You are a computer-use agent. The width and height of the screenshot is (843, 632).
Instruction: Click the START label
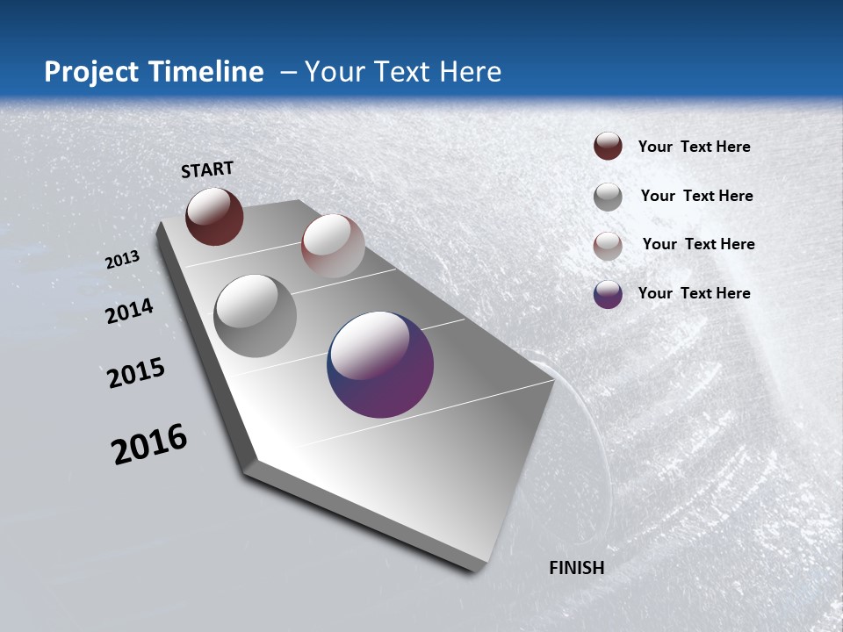[207, 169]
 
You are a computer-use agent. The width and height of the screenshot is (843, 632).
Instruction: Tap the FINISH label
[576, 568]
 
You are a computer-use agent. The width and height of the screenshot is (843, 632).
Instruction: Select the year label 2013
[123, 260]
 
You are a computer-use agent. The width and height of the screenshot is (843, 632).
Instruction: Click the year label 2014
[130, 311]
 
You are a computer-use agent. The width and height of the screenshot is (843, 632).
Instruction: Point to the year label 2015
[136, 373]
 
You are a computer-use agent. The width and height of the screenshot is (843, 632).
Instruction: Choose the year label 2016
[149, 444]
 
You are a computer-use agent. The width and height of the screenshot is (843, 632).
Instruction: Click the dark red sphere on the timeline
[214, 217]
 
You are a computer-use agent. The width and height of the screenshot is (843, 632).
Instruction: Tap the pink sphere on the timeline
[333, 246]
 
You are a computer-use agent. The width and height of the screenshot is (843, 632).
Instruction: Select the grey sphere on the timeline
[256, 316]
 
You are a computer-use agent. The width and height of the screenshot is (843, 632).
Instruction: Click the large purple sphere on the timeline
[380, 364]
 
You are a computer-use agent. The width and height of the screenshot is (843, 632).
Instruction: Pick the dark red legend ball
[608, 147]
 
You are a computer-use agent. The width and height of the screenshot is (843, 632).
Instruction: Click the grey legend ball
[608, 197]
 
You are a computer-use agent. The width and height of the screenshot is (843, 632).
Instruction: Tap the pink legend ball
[608, 246]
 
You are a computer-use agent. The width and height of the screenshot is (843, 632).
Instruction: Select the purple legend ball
[608, 294]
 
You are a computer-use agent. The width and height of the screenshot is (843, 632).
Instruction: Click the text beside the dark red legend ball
[694, 147]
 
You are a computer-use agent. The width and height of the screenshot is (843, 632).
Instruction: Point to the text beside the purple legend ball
[694, 293]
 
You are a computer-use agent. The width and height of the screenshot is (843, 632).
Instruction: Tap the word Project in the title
[91, 72]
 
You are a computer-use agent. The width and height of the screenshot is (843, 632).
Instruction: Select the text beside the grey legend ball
[696, 196]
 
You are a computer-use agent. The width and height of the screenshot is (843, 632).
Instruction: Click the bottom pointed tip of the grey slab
[474, 569]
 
